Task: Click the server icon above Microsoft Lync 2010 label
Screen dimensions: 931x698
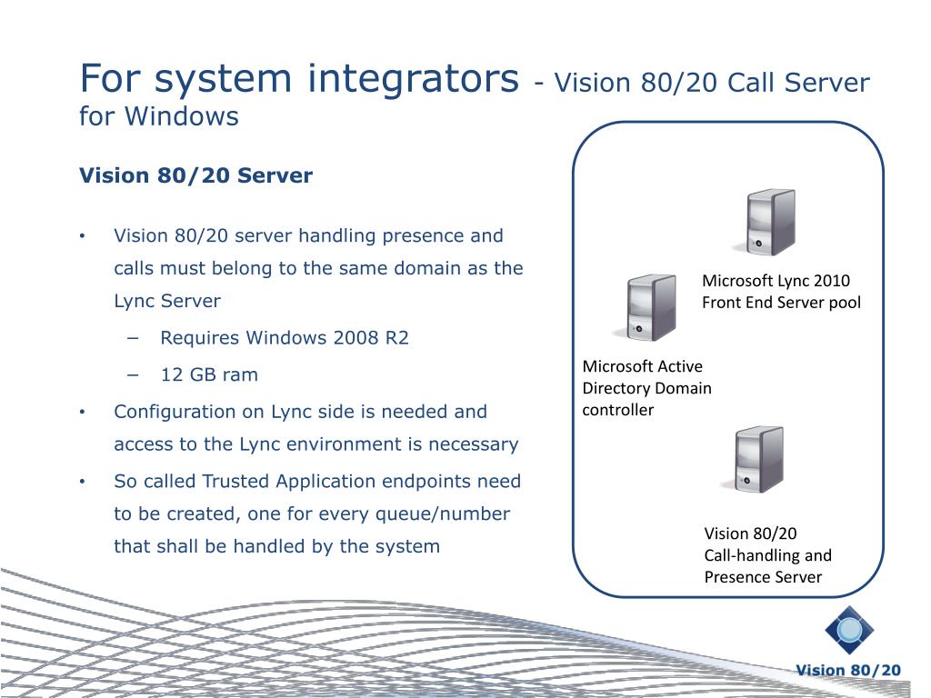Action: tap(769, 222)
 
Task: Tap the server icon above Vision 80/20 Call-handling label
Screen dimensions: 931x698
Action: tap(752, 459)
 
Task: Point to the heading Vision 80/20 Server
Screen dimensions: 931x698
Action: tap(195, 175)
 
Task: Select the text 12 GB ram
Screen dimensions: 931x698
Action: tap(209, 374)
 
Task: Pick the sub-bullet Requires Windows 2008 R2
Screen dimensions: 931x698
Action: tap(285, 338)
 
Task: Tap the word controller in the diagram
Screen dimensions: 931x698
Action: tap(617, 410)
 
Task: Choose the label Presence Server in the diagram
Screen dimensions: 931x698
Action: tap(763, 577)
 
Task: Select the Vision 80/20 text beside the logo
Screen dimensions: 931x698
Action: tap(848, 671)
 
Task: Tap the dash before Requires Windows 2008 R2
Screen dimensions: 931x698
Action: tap(135, 338)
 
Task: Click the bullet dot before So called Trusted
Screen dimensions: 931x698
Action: tap(83, 481)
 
